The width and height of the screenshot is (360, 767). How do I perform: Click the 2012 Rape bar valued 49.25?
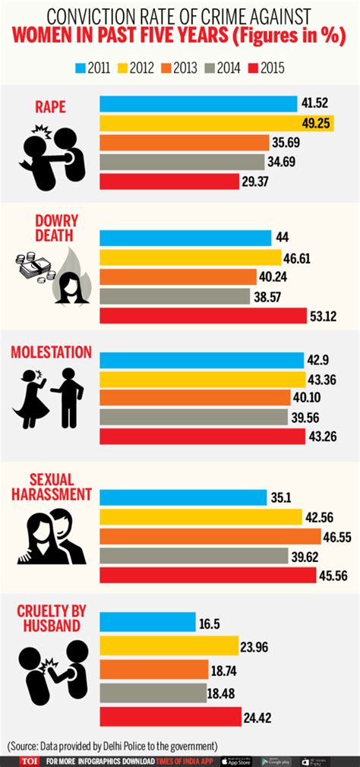216,123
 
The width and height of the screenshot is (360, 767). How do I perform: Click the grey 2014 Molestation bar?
194,416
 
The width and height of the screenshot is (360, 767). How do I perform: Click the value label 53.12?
348,316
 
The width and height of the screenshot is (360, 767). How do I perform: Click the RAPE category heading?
52,106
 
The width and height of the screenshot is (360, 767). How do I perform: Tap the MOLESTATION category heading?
51,352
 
